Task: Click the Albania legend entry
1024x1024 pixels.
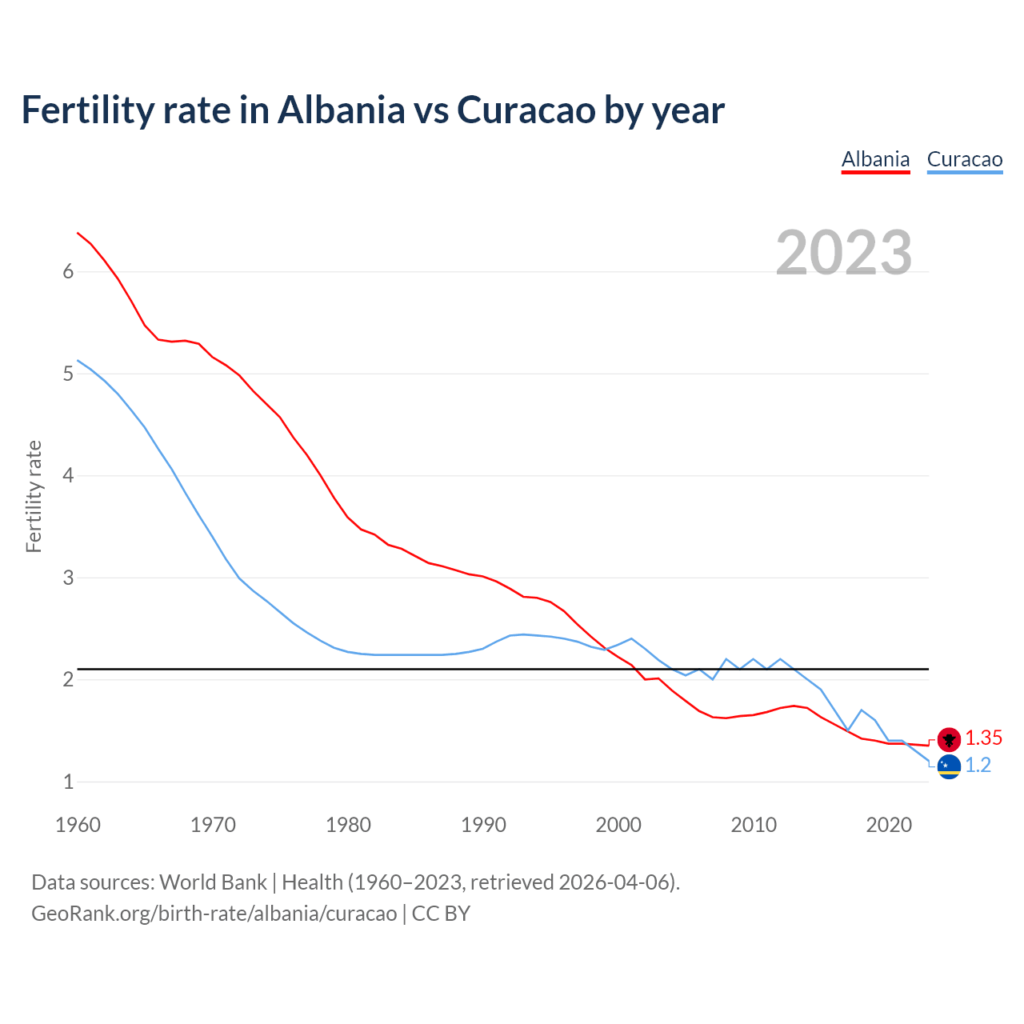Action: (875, 159)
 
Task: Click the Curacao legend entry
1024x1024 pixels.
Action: (964, 159)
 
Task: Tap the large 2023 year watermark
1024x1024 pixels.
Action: (843, 253)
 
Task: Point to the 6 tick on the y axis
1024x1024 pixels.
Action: (68, 272)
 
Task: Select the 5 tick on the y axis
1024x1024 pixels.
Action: (68, 374)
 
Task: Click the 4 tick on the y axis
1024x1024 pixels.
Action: (68, 476)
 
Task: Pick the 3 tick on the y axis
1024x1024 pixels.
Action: (68, 578)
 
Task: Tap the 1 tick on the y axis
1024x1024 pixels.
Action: (68, 782)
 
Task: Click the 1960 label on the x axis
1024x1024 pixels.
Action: (78, 825)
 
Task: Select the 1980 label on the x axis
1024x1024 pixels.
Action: (348, 825)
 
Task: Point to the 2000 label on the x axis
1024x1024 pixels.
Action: (618, 825)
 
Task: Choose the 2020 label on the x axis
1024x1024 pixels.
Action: (889, 825)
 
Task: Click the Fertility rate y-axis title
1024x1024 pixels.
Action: (34, 496)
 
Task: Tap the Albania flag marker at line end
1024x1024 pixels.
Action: (949, 738)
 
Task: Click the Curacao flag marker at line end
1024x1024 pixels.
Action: (949, 766)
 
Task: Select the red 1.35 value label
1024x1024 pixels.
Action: (983, 738)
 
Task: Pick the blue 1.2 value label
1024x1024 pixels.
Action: (978, 766)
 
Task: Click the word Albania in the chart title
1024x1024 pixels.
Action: (342, 110)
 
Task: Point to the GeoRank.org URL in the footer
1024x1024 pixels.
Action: (214, 914)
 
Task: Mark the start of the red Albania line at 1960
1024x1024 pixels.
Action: (78, 233)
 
